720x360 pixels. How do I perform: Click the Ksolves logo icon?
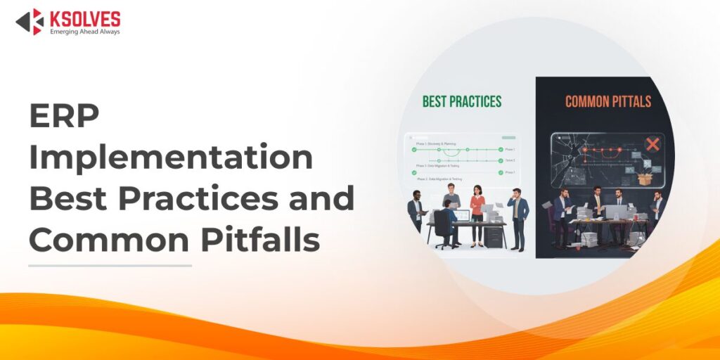tap(30, 21)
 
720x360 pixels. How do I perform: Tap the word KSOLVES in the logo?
tap(85, 18)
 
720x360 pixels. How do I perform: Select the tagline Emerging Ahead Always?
tap(84, 32)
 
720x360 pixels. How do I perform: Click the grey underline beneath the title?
tap(110, 266)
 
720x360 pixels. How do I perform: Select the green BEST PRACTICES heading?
tap(462, 102)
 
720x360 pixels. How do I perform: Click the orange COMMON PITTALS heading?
tap(607, 102)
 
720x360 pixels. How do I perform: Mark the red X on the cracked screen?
tap(652, 145)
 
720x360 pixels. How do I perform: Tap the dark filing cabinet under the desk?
tap(494, 236)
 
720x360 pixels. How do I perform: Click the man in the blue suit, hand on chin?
tap(518, 218)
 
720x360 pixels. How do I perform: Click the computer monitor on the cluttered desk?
tap(615, 211)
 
